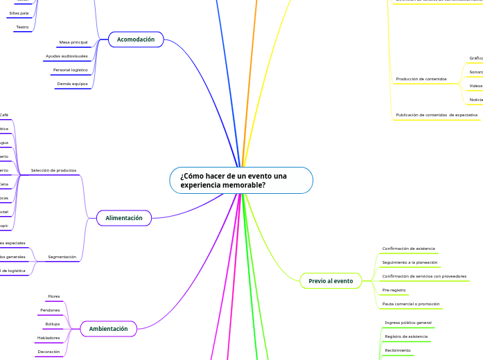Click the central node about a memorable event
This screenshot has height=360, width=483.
coord(241,181)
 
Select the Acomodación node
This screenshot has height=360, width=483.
coord(136,39)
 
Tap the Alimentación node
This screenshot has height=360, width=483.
coord(124,218)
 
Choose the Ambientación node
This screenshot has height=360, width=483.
coord(109,329)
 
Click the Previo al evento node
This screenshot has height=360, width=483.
coord(331,280)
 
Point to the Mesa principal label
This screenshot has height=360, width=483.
coord(73,42)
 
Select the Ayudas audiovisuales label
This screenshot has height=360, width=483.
coord(67,56)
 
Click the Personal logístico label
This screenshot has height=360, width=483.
coord(70,70)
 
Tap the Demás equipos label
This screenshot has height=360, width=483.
coord(72,84)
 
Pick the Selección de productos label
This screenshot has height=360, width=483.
coord(54,170)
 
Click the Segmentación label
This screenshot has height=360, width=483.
coord(62,257)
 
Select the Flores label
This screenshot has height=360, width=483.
coord(54,296)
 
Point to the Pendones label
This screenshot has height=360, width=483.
coord(51,310)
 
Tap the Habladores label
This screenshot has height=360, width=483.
coord(49,338)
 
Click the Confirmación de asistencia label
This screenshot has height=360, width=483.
coord(409,249)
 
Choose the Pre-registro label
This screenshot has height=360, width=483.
coord(394,290)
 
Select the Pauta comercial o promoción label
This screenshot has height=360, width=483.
coord(411,304)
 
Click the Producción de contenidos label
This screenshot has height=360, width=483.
coord(421,79)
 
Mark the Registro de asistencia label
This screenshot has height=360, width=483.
coord(406,336)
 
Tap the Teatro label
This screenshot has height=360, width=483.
coord(22,27)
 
